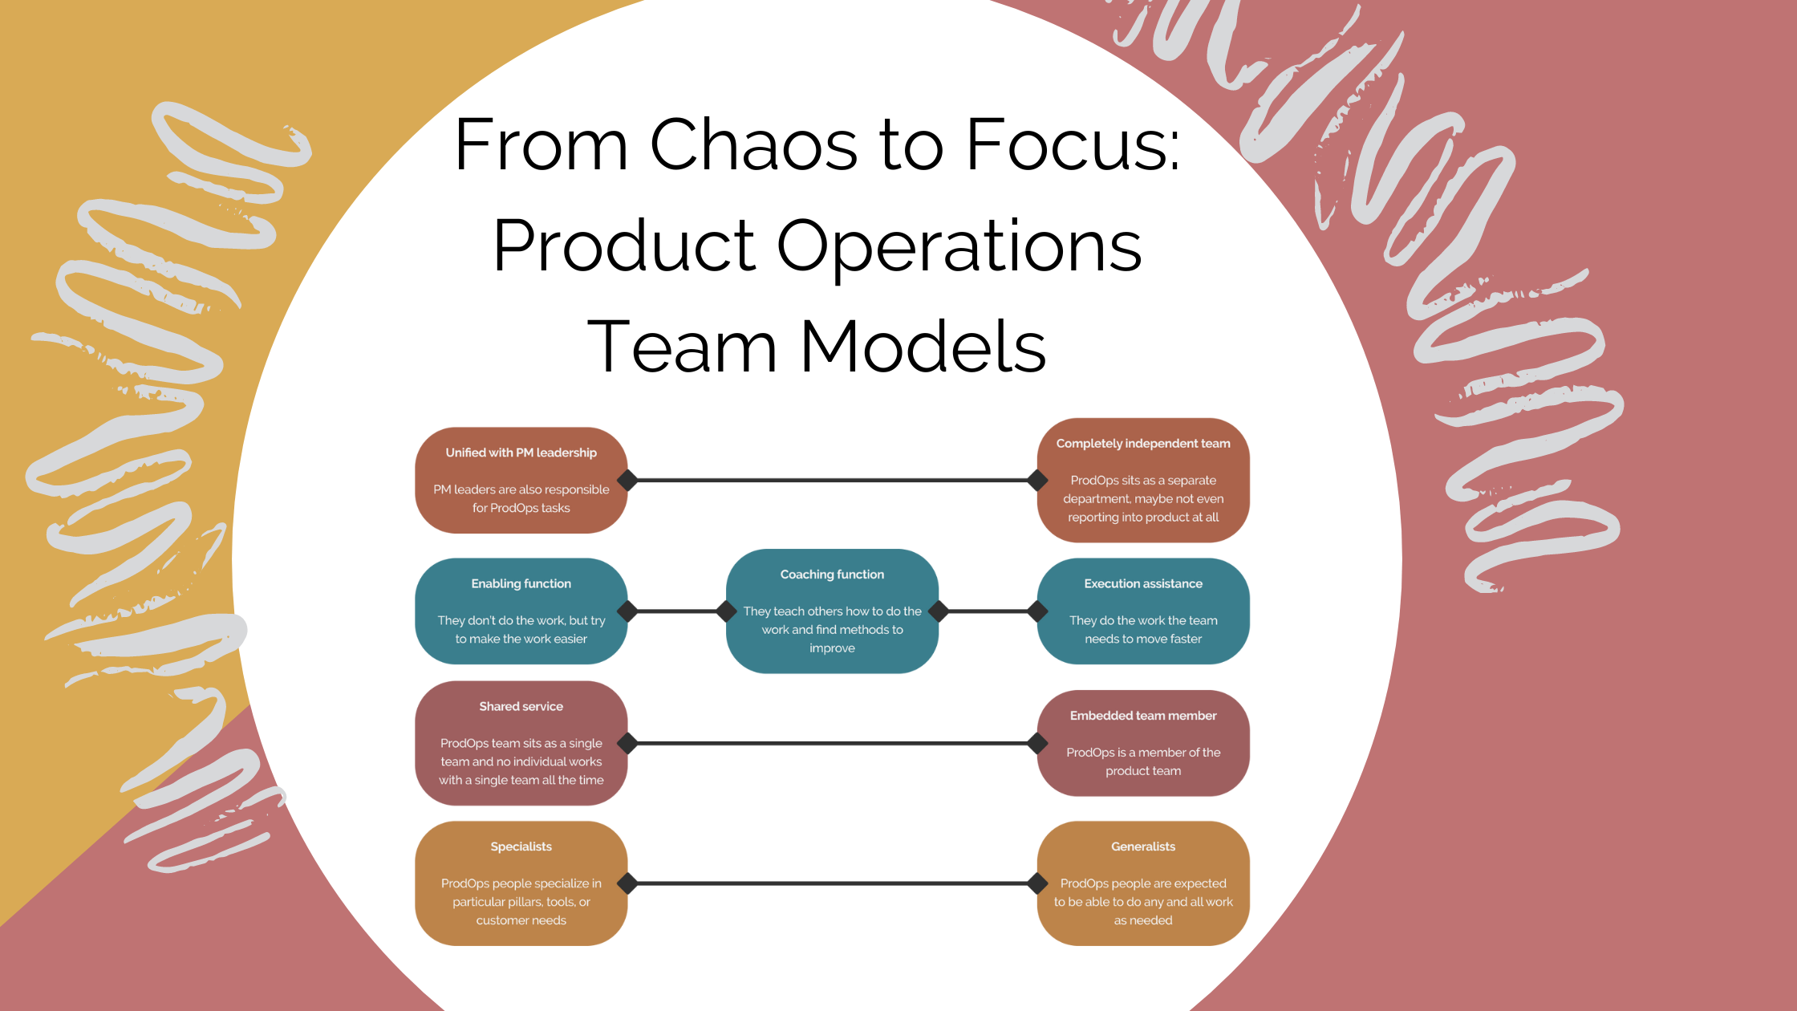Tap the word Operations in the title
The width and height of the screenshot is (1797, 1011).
959,246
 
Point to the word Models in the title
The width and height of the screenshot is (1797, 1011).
923,347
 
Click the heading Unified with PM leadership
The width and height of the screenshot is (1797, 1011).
521,453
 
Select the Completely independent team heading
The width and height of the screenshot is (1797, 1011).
1143,444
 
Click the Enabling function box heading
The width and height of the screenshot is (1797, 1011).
521,583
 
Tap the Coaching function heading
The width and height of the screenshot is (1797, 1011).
832,575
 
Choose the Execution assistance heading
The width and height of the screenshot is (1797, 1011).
1143,583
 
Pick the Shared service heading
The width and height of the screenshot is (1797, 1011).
521,706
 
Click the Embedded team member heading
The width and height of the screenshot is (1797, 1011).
1143,716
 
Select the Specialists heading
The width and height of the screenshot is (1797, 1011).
521,847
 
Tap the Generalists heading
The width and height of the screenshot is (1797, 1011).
1143,847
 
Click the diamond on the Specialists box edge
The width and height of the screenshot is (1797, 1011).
627,883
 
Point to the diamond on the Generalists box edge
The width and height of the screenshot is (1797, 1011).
1037,883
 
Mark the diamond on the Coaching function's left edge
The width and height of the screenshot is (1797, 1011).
727,611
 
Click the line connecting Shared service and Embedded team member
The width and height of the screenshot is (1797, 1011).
832,743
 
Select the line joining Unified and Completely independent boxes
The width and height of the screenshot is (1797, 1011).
832,480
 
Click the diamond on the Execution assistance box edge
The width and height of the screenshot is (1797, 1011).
1037,611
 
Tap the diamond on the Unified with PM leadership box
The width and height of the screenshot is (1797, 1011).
627,480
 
